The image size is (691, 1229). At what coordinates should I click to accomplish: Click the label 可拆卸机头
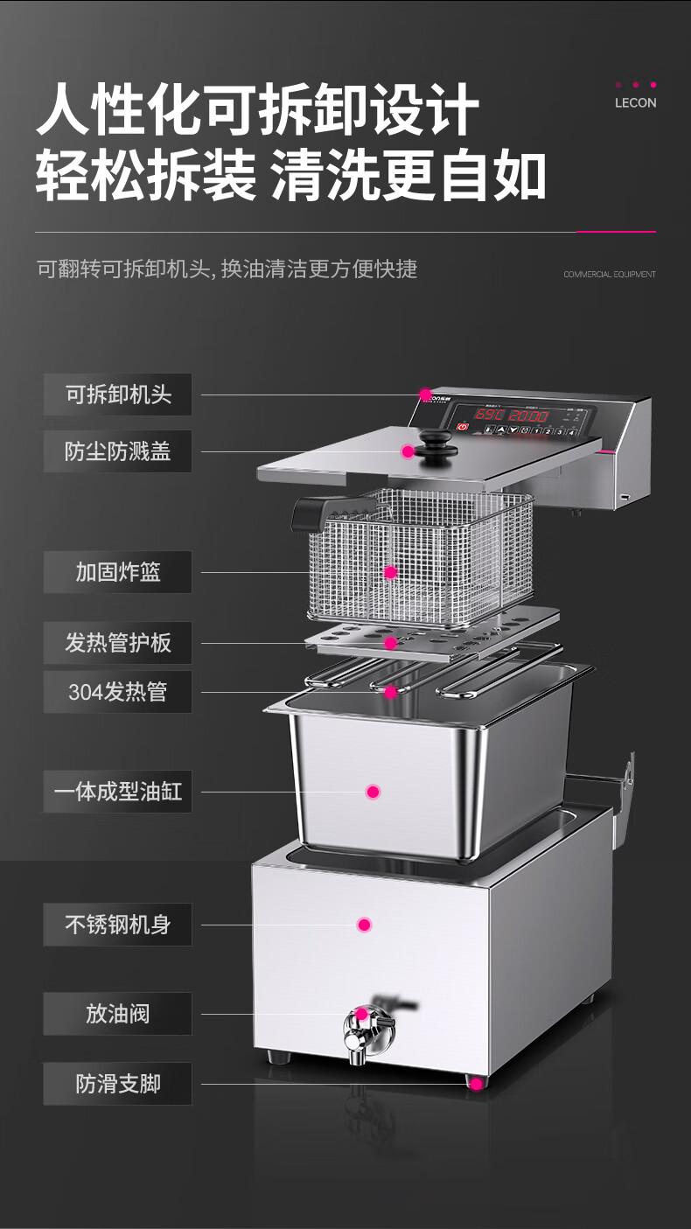coord(117,395)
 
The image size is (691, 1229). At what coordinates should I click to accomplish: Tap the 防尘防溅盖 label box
coord(117,451)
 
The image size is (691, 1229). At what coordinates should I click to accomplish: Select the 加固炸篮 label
coord(117,572)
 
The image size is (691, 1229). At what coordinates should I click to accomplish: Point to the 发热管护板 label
coord(117,643)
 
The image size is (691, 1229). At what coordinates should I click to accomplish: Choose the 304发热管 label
coord(117,692)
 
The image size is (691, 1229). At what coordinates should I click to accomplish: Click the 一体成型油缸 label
coord(117,792)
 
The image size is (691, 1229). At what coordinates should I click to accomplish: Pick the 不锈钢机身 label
coord(117,924)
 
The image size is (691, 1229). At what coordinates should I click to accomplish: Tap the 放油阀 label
coord(117,1014)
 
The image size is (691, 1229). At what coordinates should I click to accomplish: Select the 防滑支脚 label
coord(117,1084)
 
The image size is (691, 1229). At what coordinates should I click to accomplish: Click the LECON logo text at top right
coord(635,102)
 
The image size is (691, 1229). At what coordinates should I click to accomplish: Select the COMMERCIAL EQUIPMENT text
coord(609,275)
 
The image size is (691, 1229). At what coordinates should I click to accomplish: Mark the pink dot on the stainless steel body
coord(365,924)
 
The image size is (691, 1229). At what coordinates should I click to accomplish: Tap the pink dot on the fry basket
coord(390,573)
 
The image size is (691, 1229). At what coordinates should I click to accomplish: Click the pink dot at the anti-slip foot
coord(477,1084)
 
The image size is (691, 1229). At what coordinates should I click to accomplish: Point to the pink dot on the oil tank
coord(373,792)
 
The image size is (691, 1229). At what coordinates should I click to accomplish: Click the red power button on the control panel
coord(462,429)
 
